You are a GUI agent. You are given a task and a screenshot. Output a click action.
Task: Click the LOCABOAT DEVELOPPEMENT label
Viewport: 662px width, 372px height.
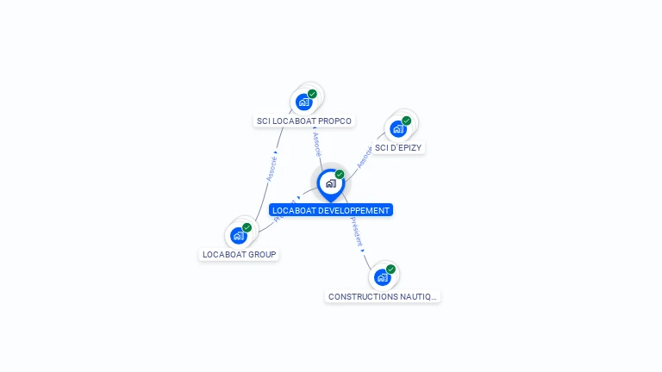click(331, 210)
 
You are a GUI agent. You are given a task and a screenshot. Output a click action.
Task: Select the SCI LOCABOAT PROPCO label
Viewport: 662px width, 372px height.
click(304, 121)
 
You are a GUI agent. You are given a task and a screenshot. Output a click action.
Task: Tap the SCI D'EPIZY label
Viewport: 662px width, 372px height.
click(399, 148)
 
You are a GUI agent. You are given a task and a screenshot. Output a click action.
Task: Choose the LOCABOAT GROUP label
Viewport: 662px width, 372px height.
click(239, 255)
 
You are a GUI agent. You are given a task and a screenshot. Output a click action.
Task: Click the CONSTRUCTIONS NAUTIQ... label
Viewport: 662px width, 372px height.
click(383, 296)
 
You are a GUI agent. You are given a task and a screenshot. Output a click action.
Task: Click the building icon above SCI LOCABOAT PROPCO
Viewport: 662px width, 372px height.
click(303, 102)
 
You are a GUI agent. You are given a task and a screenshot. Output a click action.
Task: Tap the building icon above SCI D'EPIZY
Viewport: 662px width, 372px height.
click(397, 129)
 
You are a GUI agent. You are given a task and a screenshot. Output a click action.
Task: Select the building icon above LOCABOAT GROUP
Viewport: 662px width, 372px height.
click(238, 235)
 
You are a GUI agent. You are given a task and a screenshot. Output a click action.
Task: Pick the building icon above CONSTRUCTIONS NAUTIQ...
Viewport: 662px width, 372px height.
click(382, 277)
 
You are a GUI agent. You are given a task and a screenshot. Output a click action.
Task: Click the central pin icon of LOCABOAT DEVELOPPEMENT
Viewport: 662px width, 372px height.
click(330, 183)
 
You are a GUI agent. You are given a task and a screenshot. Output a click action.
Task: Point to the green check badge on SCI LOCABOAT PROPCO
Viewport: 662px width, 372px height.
click(312, 94)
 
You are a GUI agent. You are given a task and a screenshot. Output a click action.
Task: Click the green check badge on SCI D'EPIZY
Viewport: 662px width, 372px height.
click(406, 121)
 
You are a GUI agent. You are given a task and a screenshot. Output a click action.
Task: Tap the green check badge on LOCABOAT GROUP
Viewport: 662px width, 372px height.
click(247, 227)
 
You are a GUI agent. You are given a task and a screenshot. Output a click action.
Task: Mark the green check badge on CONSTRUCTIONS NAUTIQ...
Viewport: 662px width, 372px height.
click(390, 270)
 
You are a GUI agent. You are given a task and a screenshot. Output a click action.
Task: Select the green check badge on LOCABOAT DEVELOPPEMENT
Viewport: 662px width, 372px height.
click(340, 175)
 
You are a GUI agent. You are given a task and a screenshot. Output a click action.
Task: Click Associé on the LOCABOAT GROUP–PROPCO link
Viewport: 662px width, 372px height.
click(271, 169)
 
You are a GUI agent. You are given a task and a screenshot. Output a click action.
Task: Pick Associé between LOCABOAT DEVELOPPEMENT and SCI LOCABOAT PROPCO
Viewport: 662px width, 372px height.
click(317, 143)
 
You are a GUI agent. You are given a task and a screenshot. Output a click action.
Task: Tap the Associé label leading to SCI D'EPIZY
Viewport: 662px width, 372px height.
click(365, 156)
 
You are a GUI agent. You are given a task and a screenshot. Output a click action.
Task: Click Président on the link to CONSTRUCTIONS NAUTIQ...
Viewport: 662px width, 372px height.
click(356, 231)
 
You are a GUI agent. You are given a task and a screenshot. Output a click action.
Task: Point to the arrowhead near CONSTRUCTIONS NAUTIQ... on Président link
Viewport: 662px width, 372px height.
click(362, 251)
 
